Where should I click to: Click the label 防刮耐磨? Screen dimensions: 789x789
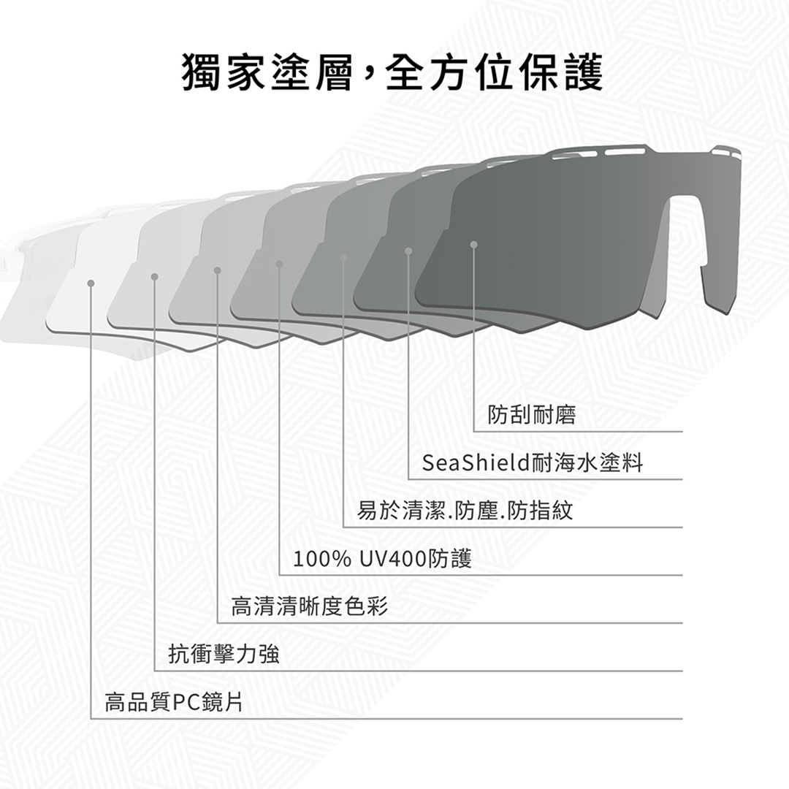tap(532, 415)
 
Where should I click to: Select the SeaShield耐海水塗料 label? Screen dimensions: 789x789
tap(533, 463)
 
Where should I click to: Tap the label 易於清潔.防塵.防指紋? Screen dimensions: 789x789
tap(465, 511)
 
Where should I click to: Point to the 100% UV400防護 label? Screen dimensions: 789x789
tap(382, 559)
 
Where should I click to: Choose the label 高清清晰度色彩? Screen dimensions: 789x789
tap(310, 606)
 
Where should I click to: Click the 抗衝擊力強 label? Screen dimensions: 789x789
tap(224, 655)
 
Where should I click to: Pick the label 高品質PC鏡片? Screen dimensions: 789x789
tap(174, 703)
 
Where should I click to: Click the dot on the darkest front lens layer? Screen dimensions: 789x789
tap(473, 245)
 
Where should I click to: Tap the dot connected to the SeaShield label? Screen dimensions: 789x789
tap(408, 251)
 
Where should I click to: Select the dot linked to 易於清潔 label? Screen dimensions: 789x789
tap(343, 258)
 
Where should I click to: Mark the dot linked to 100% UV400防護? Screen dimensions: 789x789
tap(279, 264)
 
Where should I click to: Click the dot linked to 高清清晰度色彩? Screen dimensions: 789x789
tap(218, 271)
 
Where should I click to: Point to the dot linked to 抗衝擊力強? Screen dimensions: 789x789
tap(154, 277)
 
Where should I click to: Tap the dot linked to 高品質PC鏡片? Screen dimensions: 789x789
tap(91, 283)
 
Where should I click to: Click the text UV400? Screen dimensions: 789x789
tap(393, 559)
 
